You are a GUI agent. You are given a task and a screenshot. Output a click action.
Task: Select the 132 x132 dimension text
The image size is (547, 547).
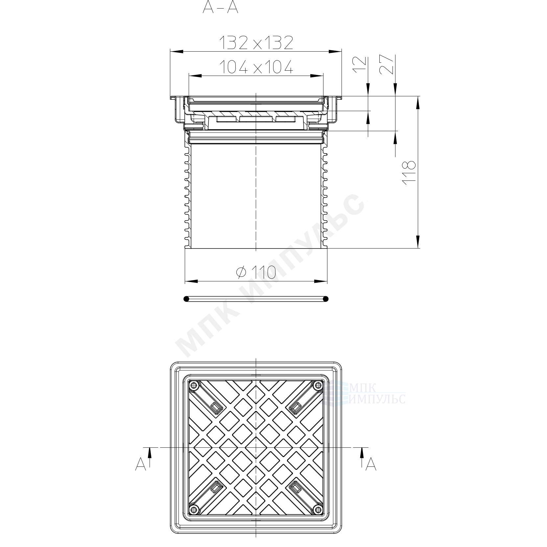click(256, 43)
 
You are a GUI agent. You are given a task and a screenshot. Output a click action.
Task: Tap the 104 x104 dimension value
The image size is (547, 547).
click(256, 67)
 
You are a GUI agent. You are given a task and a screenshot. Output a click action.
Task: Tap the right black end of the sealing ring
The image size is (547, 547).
click(325, 299)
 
